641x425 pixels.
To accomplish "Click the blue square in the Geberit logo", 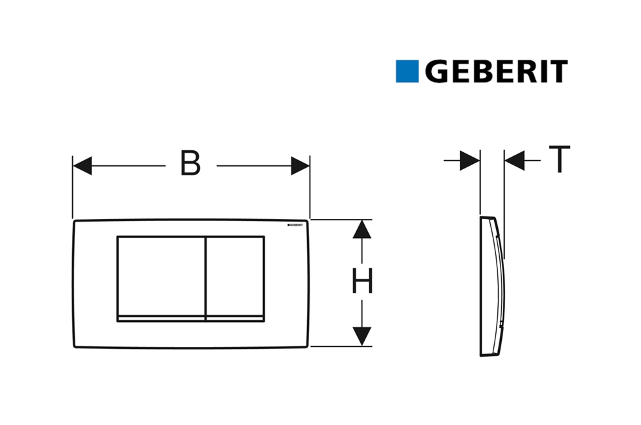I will coord(407,71).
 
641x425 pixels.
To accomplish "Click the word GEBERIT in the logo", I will coord(496,71).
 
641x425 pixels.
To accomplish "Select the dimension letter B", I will coord(190,165).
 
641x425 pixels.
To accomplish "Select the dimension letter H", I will coord(362,283).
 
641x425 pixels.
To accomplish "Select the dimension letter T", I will coord(559,160).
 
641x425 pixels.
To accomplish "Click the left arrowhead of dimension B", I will coord(82,165).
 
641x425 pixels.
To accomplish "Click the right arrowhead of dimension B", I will coord(300,165).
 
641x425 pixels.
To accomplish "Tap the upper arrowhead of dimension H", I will coord(362,229).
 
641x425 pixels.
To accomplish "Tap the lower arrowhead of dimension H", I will coord(362,336).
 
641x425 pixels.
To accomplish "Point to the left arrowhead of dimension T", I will coord(470,161).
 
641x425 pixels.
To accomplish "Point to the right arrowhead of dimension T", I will coord(515,161).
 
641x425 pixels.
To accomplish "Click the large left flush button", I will coord(161,275).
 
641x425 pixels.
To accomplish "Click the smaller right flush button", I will coord(236,275).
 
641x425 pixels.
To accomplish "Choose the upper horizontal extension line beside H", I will coord(341,220).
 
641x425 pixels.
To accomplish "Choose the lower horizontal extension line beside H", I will coord(341,346).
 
